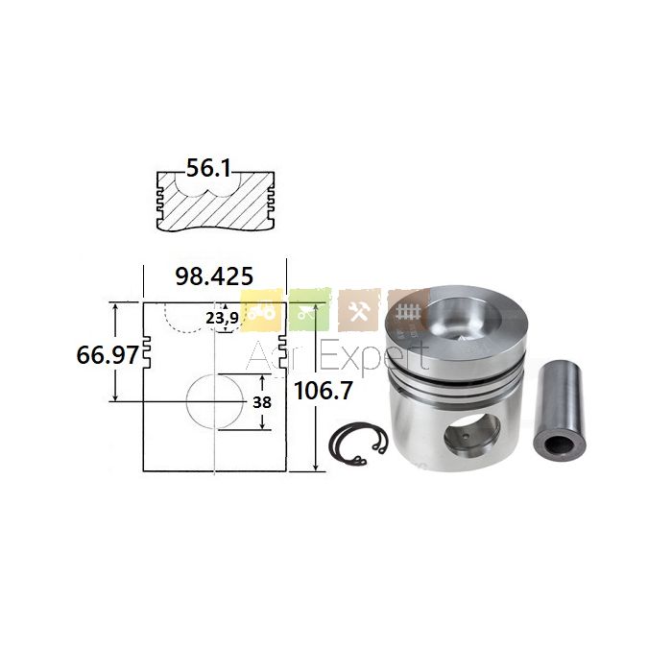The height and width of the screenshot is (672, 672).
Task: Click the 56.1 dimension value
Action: click(208, 168)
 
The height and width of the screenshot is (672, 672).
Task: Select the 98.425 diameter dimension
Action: click(214, 276)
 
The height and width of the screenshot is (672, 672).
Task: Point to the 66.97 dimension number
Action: click(108, 355)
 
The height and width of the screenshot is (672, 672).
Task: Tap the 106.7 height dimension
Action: click(324, 391)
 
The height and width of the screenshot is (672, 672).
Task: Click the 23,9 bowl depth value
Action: click(222, 318)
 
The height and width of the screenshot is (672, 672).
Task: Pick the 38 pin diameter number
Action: click(262, 402)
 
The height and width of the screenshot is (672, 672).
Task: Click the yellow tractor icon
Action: click(261, 311)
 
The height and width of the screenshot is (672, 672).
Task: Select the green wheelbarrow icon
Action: click(309, 310)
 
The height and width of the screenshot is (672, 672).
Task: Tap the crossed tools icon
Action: click(359, 310)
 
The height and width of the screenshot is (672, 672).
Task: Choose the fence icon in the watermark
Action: click(404, 309)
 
